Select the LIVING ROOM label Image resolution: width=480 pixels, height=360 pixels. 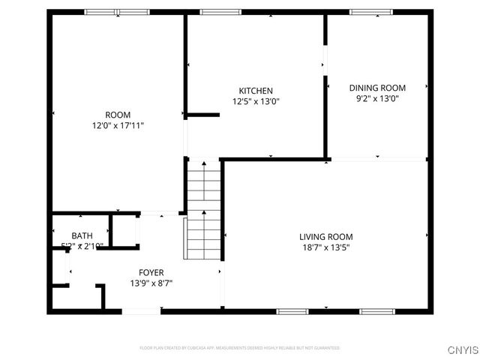(325, 236)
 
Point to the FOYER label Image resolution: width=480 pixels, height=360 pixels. (151, 272)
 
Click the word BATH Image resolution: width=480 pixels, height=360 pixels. (82, 236)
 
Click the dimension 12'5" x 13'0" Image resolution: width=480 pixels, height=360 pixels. (256, 102)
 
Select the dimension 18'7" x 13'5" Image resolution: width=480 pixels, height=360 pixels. (325, 247)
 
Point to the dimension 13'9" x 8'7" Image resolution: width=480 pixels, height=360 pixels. (151, 283)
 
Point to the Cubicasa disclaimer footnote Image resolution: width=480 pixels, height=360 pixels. (240, 348)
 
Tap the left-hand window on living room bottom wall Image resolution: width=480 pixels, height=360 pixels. (292, 311)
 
